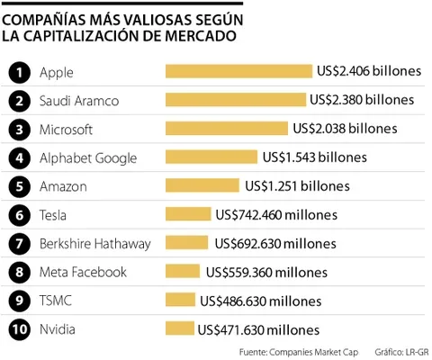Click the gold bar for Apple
(238, 71)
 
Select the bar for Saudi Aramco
(236, 100)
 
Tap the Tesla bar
(188, 214)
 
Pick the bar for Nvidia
(180, 328)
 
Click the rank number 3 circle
(20, 130)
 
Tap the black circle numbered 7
(20, 244)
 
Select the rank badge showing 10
(20, 329)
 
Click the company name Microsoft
(66, 130)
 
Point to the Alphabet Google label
(88, 158)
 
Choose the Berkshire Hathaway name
(95, 244)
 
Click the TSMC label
(56, 301)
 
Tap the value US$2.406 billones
(369, 71)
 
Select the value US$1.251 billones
(297, 186)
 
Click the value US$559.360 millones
(266, 273)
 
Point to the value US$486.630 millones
(261, 301)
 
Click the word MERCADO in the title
(201, 36)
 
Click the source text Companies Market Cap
(313, 353)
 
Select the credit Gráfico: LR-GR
(402, 352)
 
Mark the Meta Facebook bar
(183, 271)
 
